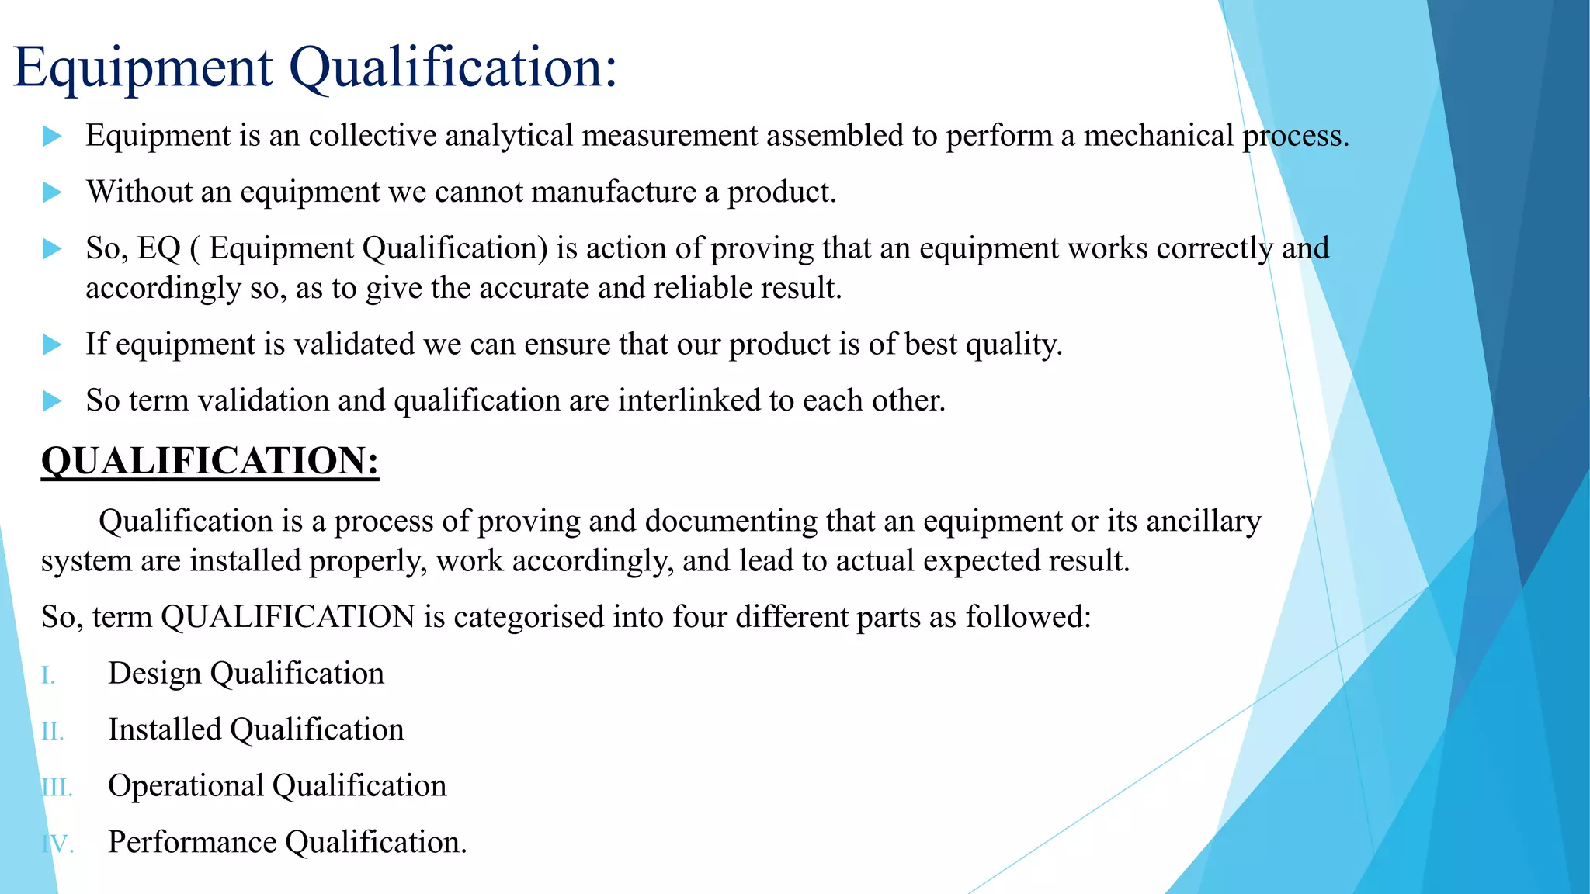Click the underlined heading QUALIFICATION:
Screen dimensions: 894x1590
(x=210, y=461)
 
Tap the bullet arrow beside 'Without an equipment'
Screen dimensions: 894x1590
(x=52, y=192)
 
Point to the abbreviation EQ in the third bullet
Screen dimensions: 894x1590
(x=159, y=248)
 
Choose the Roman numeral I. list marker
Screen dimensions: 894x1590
(x=48, y=676)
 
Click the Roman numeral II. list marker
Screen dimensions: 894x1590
(x=52, y=732)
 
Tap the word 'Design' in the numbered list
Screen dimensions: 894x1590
(x=154, y=674)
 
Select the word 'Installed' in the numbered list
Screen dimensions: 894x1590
(x=165, y=730)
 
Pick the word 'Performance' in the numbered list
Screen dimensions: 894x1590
(x=193, y=843)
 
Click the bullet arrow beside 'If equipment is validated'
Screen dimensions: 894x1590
(x=52, y=344)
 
